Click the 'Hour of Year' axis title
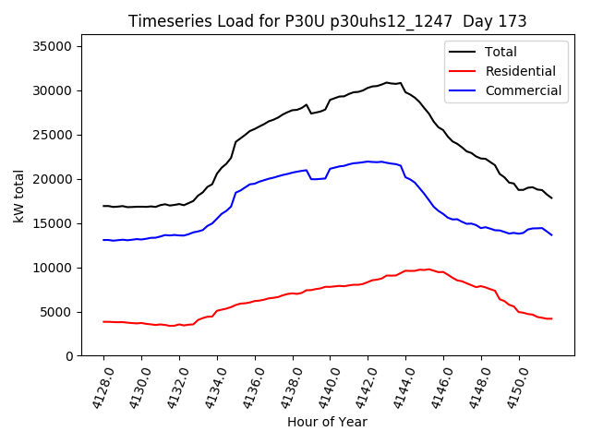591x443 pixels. click(327, 422)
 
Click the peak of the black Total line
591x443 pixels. click(387, 82)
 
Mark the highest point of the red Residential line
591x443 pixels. click(428, 269)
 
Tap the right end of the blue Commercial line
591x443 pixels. click(551, 234)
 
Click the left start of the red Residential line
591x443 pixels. click(103, 321)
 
